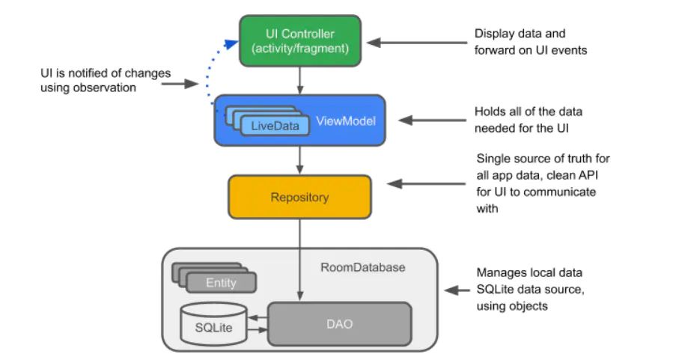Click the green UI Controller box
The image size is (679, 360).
(x=299, y=40)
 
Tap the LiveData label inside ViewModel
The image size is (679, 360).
(x=275, y=126)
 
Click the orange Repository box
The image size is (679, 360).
(x=299, y=198)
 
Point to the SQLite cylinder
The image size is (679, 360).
(x=214, y=324)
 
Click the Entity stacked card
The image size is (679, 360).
(x=221, y=283)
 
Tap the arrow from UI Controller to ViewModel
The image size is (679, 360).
(x=299, y=79)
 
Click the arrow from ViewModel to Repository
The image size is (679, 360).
(x=299, y=159)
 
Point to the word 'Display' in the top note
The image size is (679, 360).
(x=493, y=34)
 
